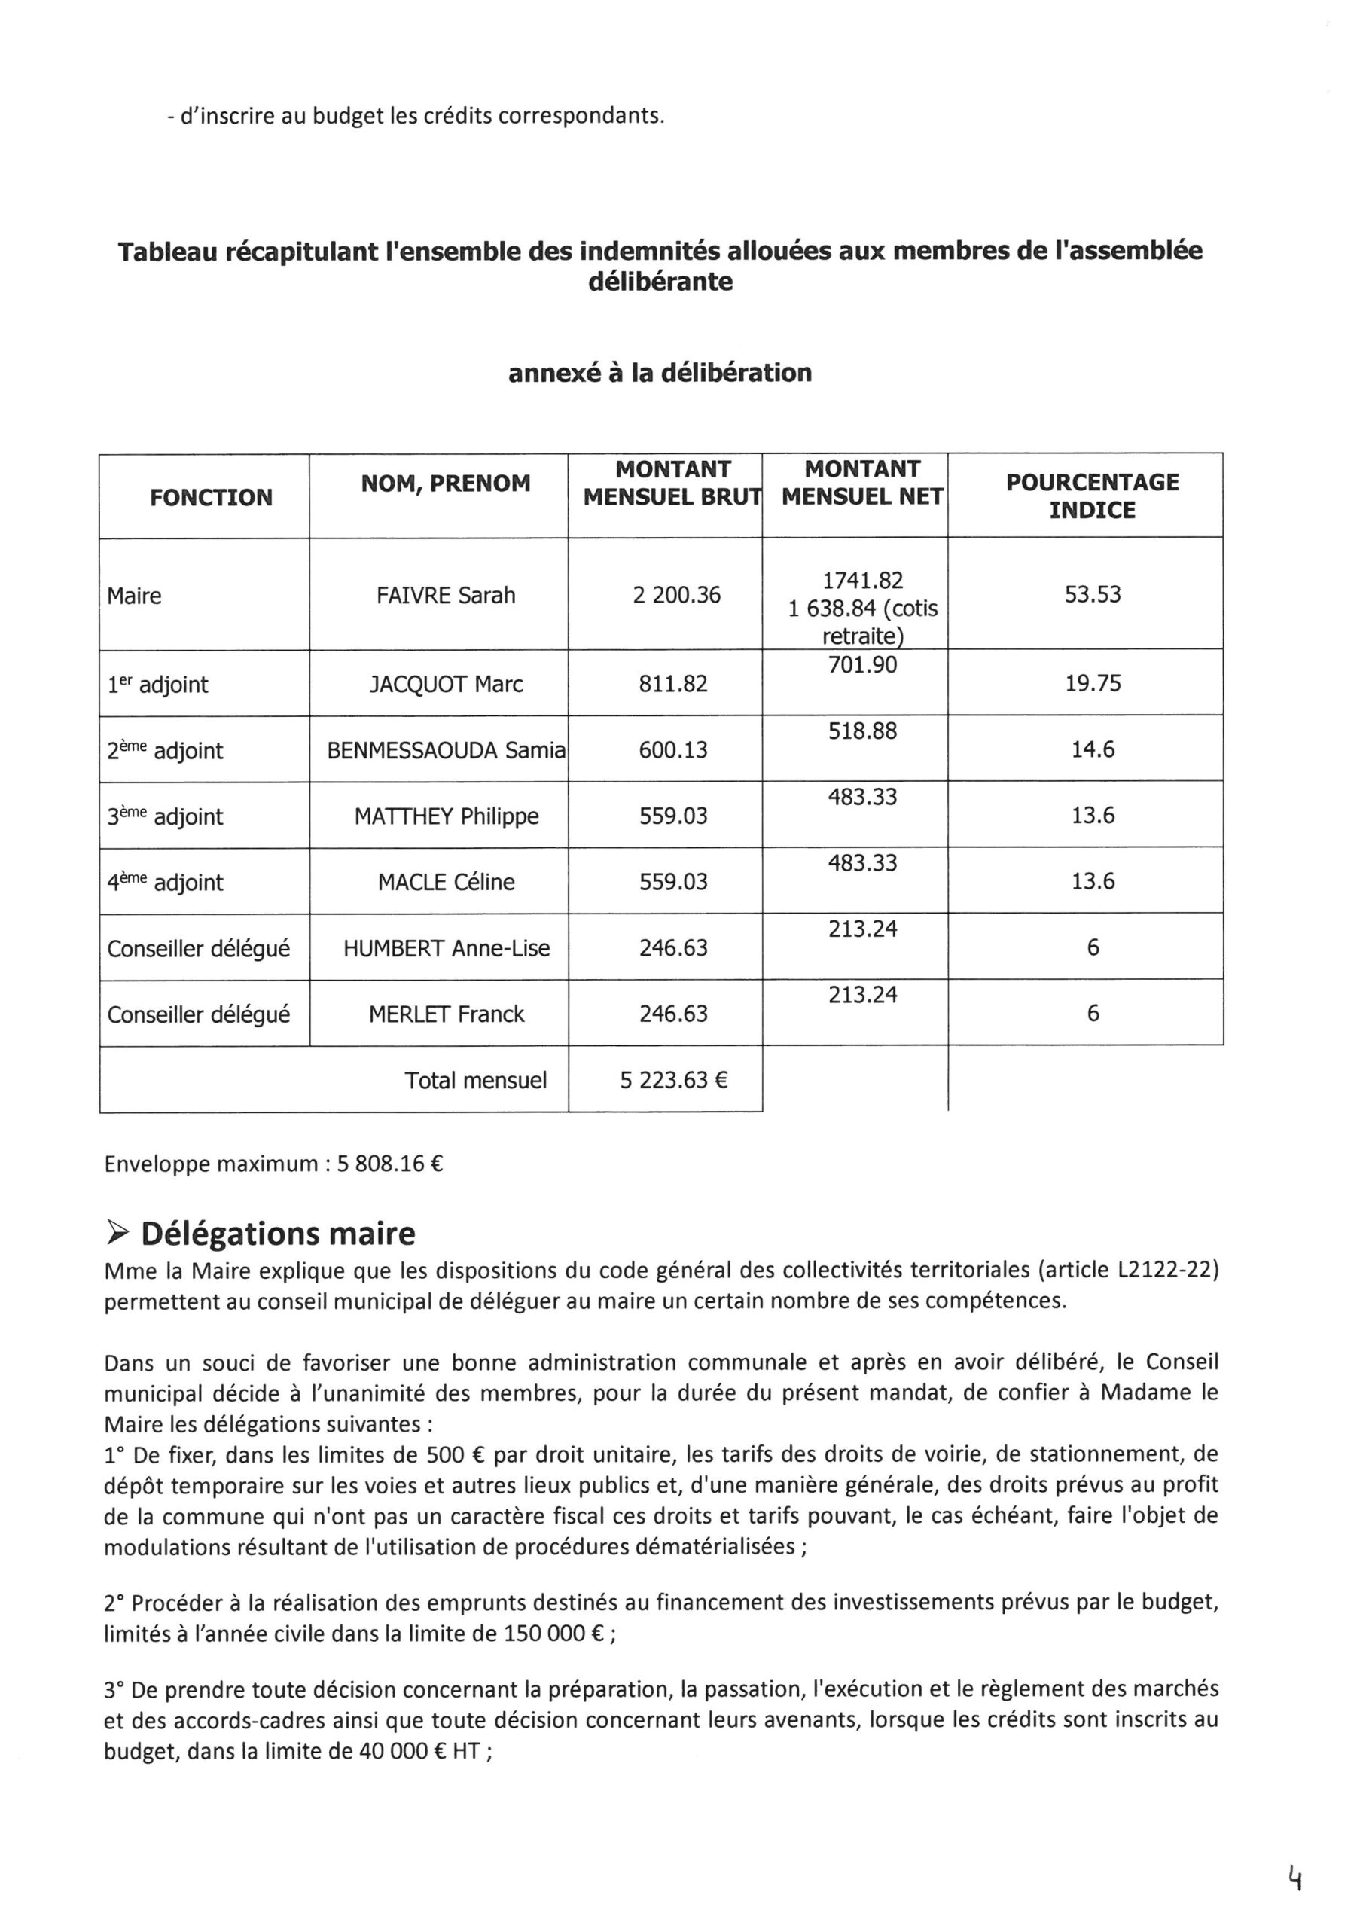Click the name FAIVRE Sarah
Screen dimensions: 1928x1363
(x=446, y=596)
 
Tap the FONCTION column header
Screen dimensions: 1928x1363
(x=211, y=497)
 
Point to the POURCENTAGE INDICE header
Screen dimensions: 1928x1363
(x=1092, y=496)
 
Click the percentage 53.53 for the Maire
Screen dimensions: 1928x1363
(x=1093, y=594)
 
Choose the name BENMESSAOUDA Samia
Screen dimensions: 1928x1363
(x=446, y=750)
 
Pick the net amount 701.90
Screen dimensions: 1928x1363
(x=862, y=665)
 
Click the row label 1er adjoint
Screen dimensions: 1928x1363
(x=158, y=685)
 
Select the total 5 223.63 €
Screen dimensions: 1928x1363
(x=673, y=1080)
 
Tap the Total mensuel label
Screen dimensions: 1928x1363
(x=475, y=1080)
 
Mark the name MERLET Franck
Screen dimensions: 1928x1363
(x=446, y=1014)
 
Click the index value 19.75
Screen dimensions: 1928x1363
(x=1093, y=684)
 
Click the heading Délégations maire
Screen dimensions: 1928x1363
(x=278, y=1234)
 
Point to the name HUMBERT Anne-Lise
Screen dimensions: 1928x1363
(x=446, y=949)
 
